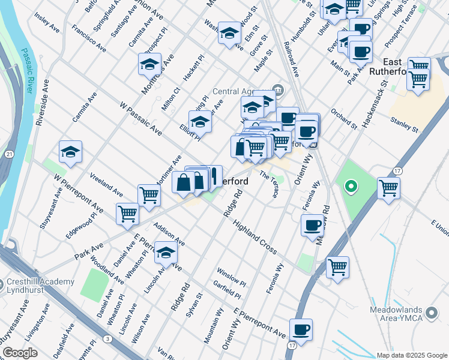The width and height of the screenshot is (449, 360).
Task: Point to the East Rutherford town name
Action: tap(405, 67)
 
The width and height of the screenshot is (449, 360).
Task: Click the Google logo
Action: tap(20, 353)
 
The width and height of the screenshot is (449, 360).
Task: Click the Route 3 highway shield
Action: tap(106, 340)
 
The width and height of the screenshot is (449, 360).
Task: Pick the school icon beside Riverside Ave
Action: tap(70, 152)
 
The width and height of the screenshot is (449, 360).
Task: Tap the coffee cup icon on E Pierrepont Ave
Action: tap(301, 329)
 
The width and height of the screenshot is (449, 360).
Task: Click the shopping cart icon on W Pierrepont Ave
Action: tap(127, 213)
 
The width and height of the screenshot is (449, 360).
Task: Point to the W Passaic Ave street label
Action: tap(141, 120)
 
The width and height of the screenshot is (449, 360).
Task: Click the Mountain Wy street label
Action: tap(213, 326)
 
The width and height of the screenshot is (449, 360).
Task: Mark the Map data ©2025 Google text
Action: tap(412, 355)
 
